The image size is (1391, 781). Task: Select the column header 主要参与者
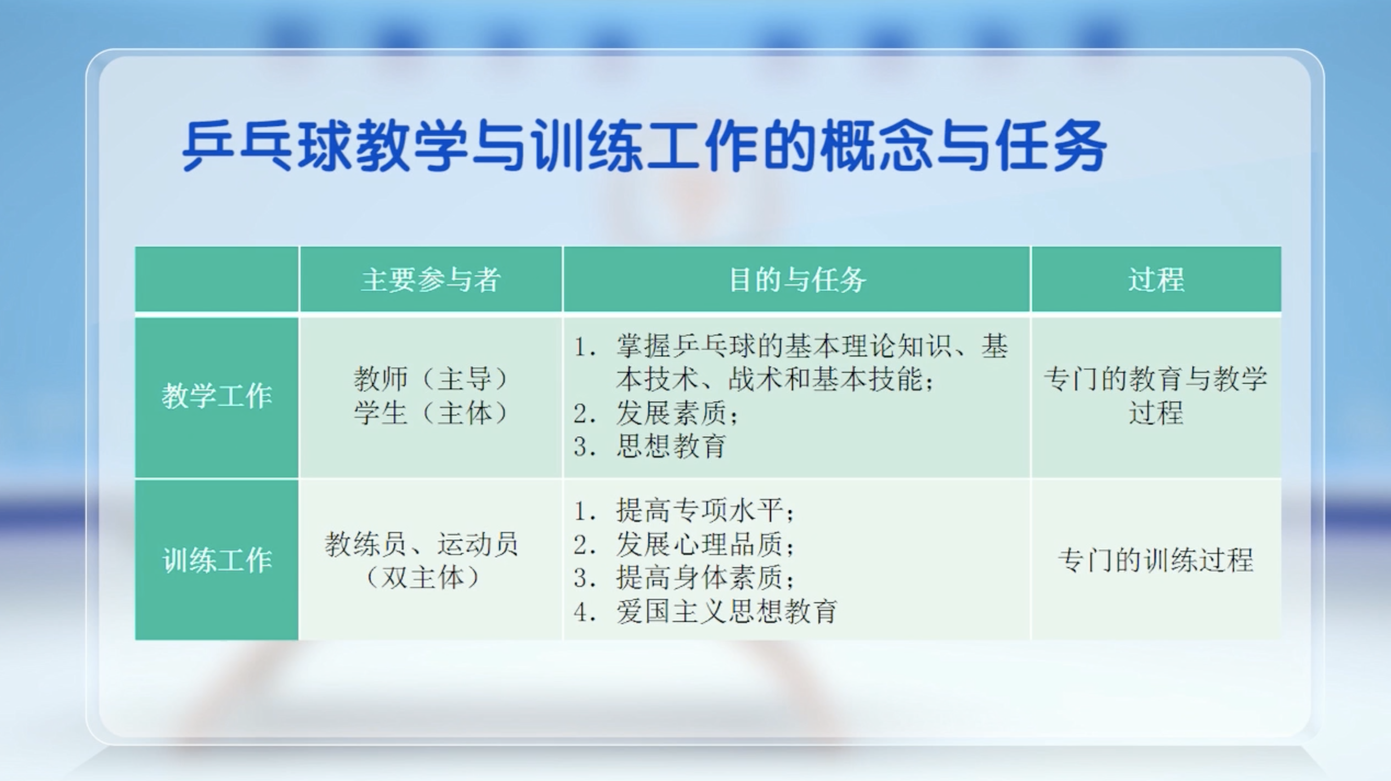pyautogui.click(x=431, y=280)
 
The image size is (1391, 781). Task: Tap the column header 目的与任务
pyautogui.click(x=797, y=280)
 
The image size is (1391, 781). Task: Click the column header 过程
pyautogui.click(x=1156, y=280)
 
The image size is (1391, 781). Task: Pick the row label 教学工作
pyautogui.click(x=217, y=396)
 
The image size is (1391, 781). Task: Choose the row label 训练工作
pyautogui.click(x=217, y=560)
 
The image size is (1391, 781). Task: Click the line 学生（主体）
pyautogui.click(x=431, y=412)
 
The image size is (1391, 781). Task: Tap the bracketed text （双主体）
pyautogui.click(x=422, y=577)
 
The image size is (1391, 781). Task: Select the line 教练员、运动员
pyautogui.click(x=421, y=544)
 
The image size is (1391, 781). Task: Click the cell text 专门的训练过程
pyautogui.click(x=1156, y=560)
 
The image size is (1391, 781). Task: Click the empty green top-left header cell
pyautogui.click(x=217, y=279)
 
